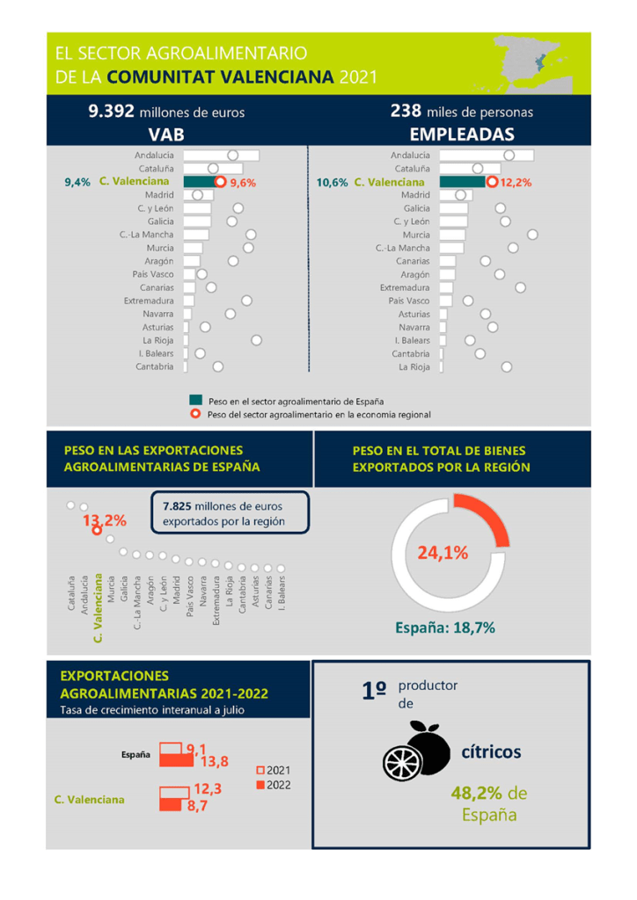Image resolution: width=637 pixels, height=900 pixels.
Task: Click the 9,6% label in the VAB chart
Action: (x=242, y=183)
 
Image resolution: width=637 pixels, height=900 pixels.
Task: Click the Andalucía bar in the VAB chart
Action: (x=222, y=156)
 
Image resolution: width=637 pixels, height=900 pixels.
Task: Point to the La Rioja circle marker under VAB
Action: (x=257, y=340)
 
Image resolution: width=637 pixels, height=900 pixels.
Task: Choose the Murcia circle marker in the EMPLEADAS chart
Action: (x=532, y=235)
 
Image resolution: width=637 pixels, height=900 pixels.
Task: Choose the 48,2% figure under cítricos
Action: (x=476, y=794)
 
